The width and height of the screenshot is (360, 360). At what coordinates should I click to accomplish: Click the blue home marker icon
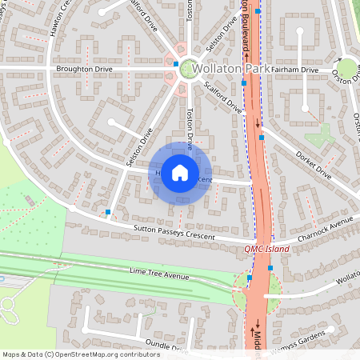coord(180,173)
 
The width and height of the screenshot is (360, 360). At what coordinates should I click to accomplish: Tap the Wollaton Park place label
coord(232,70)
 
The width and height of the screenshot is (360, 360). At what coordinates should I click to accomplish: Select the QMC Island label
coord(266,249)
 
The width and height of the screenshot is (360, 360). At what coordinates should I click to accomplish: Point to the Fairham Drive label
coord(294,70)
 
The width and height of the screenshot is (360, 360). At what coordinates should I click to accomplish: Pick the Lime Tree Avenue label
coord(159,274)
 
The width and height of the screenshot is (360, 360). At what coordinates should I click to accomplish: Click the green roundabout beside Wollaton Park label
coord(189,69)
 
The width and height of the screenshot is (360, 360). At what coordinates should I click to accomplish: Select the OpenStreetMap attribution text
coord(82,354)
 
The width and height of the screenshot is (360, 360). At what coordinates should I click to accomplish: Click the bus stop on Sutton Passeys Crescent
coord(108,212)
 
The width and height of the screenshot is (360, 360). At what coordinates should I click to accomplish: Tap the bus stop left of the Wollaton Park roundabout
coord(176,62)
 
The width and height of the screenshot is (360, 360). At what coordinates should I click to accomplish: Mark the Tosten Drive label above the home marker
coord(190,128)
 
